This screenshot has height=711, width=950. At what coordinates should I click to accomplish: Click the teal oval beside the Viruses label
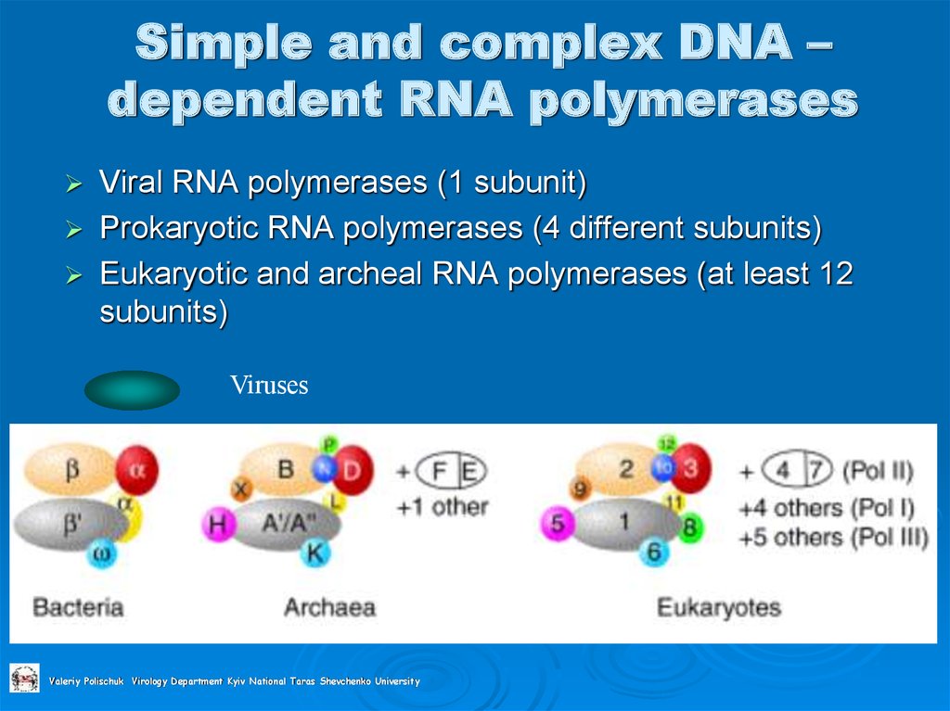tap(132, 390)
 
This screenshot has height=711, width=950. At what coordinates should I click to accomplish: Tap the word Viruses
tap(269, 386)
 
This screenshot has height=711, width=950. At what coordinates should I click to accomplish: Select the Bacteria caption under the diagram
tap(78, 608)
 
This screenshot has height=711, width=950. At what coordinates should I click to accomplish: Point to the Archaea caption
tap(329, 608)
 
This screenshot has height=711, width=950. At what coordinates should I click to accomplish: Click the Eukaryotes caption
tap(718, 608)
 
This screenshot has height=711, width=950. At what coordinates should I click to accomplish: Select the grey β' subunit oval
tap(70, 524)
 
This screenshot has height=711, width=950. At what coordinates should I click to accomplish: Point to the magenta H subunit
tap(217, 527)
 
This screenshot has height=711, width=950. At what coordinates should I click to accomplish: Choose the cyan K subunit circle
tap(315, 553)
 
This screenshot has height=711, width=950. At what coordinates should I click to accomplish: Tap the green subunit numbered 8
tap(688, 528)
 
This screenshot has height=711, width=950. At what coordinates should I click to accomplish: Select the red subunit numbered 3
tap(689, 468)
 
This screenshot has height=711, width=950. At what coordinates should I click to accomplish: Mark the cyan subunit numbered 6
tap(655, 553)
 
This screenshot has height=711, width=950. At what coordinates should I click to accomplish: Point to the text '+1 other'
tap(442, 507)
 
